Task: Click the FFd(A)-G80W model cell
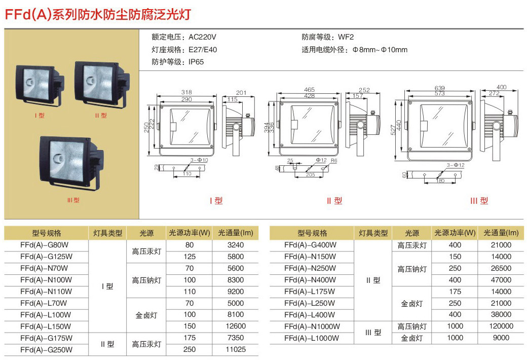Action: [45, 245]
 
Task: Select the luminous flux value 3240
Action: [235, 245]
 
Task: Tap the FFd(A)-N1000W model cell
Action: [312, 327]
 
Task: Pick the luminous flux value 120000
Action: [501, 326]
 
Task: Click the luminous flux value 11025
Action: [236, 349]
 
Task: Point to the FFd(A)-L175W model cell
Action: [310, 292]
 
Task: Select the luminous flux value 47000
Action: [501, 280]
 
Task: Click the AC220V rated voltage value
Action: [202, 37]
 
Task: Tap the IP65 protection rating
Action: [196, 62]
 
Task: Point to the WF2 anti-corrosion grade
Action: [346, 37]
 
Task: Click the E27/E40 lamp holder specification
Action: [203, 50]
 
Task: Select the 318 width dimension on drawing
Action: [186, 92]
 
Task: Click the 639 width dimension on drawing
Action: [440, 88]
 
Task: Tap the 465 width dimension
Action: [309, 90]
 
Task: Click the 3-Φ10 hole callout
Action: [199, 160]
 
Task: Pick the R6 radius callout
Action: [334, 161]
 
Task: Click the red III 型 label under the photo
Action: [73, 200]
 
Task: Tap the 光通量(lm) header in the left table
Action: [236, 233]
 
